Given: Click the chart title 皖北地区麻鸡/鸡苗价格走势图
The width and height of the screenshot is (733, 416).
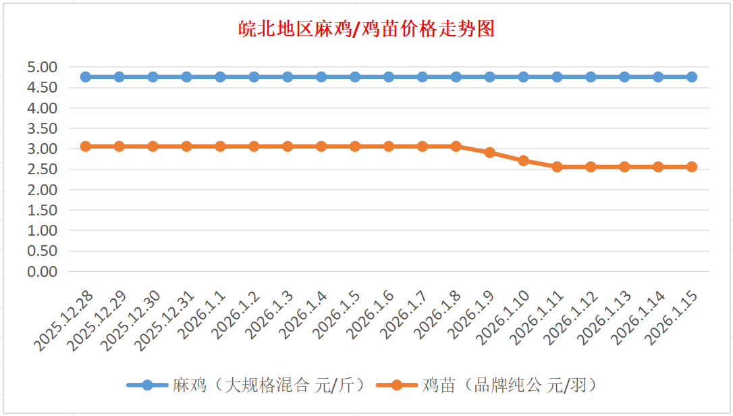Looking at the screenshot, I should pyautogui.click(x=366, y=29).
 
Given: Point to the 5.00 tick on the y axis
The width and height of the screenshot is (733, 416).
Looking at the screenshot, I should pyautogui.click(x=42, y=67).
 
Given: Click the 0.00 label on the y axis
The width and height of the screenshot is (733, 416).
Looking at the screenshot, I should pyautogui.click(x=42, y=271).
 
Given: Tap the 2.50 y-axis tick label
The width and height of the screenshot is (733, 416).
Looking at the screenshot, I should pyautogui.click(x=42, y=169).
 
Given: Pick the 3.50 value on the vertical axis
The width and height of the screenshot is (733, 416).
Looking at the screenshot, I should pyautogui.click(x=42, y=128).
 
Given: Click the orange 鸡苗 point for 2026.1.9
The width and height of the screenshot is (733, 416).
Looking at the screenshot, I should pyautogui.click(x=490, y=153).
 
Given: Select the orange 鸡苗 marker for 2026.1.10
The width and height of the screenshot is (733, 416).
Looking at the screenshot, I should pyautogui.click(x=524, y=161).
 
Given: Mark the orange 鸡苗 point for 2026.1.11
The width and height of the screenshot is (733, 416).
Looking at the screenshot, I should pyautogui.click(x=558, y=167).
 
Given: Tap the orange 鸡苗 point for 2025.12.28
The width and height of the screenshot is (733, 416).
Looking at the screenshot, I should pyautogui.click(x=86, y=147).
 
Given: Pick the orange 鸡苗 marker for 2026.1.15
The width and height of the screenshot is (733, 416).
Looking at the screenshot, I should pyautogui.click(x=692, y=167).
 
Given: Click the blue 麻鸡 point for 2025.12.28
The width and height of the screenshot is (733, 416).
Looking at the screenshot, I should pyautogui.click(x=86, y=77).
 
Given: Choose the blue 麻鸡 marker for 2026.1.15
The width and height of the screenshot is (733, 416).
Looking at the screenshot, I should pyautogui.click(x=692, y=77).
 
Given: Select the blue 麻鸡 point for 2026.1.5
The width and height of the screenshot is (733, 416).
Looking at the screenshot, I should pyautogui.click(x=355, y=77).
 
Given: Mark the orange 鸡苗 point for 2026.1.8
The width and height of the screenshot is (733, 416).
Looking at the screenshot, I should pyautogui.click(x=456, y=147).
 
